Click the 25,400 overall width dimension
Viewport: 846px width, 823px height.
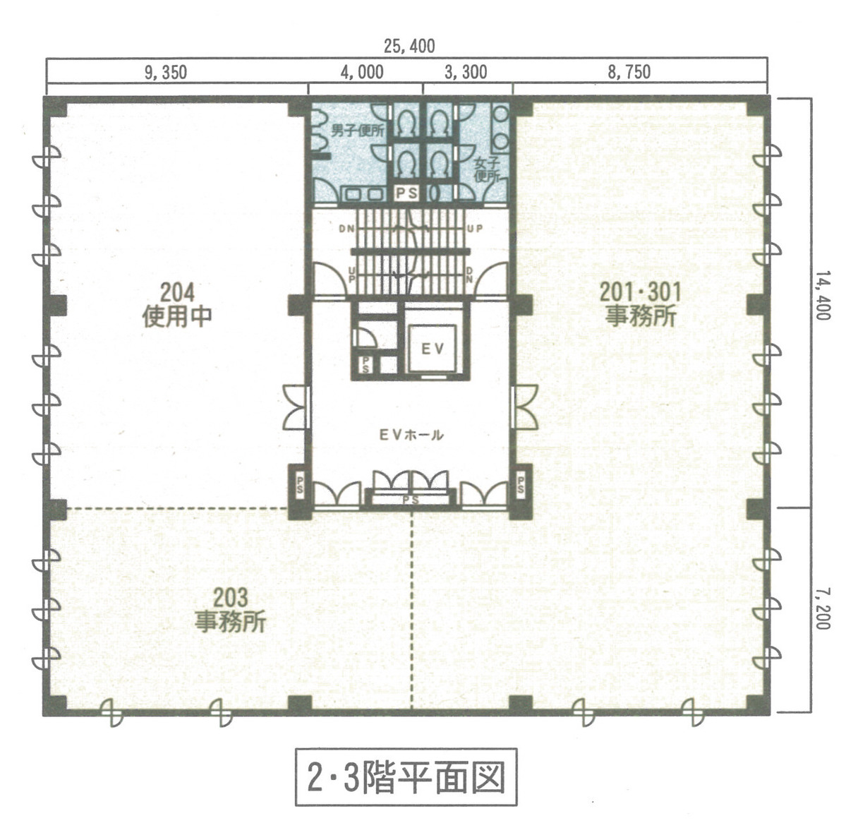pos(409,47)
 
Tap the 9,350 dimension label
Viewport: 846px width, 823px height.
pos(166,72)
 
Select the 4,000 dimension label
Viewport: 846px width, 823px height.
pos(362,72)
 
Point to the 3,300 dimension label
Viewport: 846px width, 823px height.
pos(466,72)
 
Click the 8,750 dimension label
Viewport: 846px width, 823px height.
pos(629,72)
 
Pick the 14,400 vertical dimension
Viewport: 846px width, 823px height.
pos(821,296)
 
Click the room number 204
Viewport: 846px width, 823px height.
pos(177,292)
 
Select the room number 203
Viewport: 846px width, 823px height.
pos(231,598)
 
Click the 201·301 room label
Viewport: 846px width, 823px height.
pos(640,291)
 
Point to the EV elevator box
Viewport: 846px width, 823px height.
pos(432,348)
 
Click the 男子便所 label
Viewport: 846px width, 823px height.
pos(357,131)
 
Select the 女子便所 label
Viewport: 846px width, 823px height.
pos(487,169)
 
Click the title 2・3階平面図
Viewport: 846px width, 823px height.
pos(406,776)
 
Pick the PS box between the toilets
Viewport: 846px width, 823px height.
pos(406,192)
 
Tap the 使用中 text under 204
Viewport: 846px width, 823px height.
pos(177,316)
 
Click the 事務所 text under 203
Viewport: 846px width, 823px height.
pos(231,622)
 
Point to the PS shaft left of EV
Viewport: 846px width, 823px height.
pos(367,365)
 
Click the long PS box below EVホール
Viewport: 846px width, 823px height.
pos(411,500)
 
